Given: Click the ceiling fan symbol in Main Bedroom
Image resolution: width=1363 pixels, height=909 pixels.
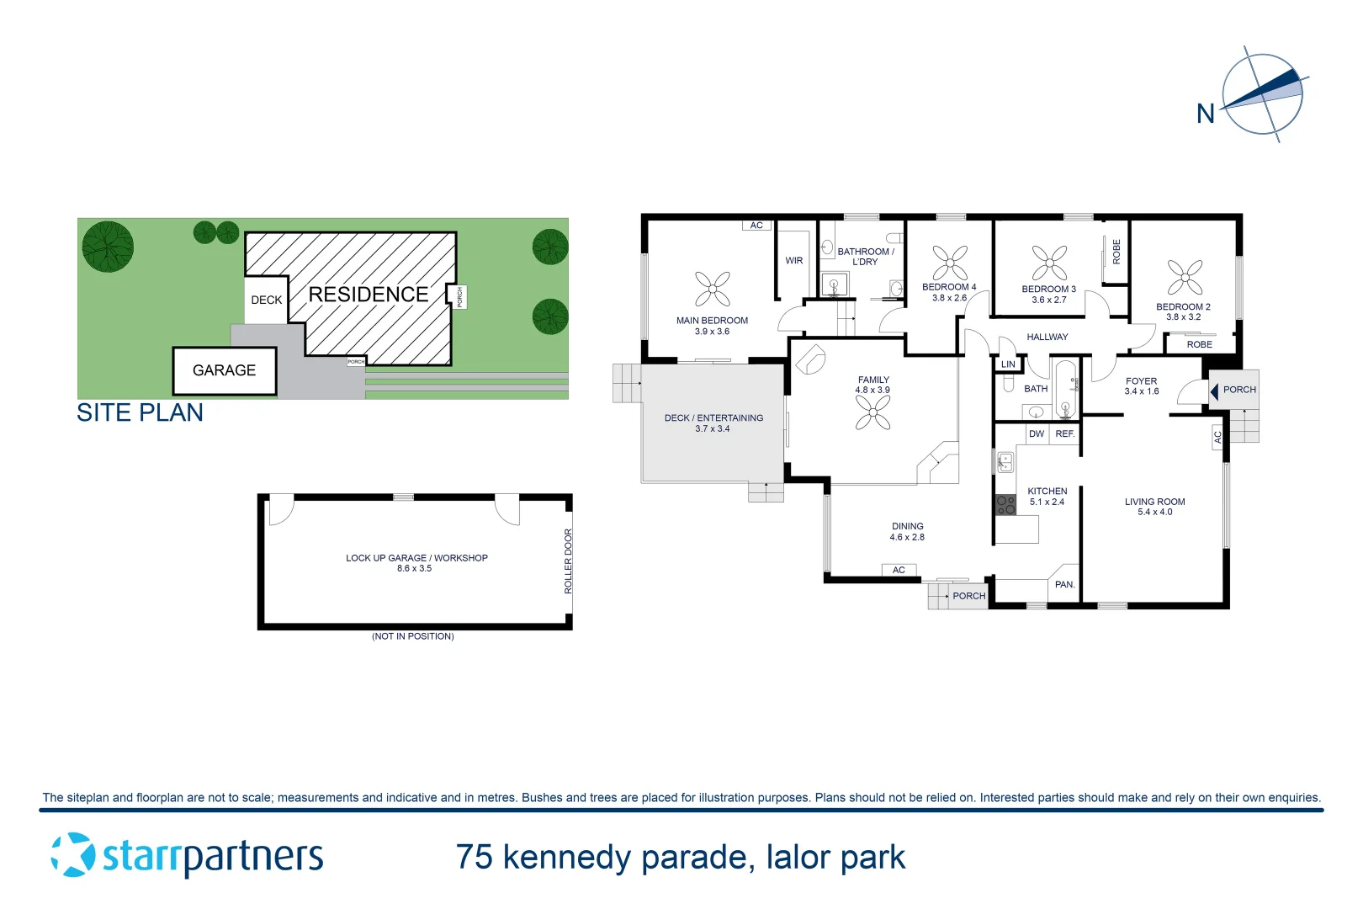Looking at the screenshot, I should coord(713,289).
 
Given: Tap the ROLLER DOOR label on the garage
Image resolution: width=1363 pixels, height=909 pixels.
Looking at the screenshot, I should coord(568,561).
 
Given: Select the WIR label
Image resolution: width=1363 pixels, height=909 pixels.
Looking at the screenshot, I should coord(794,261).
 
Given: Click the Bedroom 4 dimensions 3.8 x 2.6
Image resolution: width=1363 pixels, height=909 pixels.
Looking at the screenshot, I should coord(949,298).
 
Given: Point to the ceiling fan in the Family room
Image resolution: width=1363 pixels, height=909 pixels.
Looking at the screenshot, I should coord(872,412).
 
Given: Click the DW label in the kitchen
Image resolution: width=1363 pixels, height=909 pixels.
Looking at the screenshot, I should coord(1037,434).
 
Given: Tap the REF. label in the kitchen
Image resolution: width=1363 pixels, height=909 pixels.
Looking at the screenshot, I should coord(1065,434).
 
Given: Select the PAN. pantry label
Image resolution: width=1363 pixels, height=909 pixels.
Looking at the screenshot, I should coord(1065,584).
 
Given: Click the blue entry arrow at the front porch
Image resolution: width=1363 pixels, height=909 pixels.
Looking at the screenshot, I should coord(1214,391).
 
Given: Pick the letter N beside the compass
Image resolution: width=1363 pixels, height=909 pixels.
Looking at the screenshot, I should coord(1206,114).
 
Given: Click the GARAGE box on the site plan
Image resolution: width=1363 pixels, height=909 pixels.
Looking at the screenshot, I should coord(225,370).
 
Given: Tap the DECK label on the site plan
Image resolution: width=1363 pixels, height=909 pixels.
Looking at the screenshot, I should coord(267,300).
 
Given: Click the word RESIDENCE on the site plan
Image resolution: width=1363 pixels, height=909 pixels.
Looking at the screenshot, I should coord(369,295).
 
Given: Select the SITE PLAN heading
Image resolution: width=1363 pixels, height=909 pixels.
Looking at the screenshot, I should coord(140,412).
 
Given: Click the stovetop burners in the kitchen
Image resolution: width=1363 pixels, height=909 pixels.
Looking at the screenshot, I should coord(1005,505).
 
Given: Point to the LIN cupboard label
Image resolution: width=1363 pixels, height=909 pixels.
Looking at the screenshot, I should coord(1008,364).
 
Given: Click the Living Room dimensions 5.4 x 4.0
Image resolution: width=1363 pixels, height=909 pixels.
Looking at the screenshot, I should coord(1154,512).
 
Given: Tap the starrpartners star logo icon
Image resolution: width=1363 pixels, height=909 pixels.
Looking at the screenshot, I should coord(73,855).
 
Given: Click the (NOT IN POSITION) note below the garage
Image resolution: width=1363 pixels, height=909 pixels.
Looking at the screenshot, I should coord(412,636).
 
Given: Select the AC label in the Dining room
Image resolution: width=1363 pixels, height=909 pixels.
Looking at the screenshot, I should coord(899,570).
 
